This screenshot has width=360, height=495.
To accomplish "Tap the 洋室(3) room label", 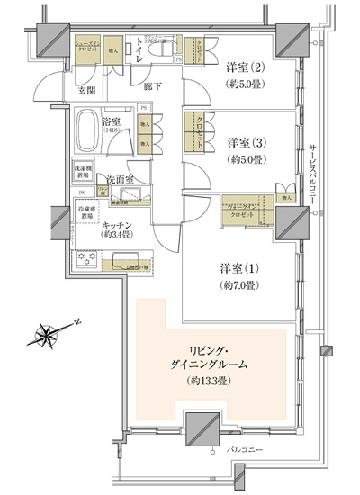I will tap(245, 143).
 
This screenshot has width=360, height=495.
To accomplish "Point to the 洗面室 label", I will tap(120, 178).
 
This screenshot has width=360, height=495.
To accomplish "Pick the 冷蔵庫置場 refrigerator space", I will tap(86, 213).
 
